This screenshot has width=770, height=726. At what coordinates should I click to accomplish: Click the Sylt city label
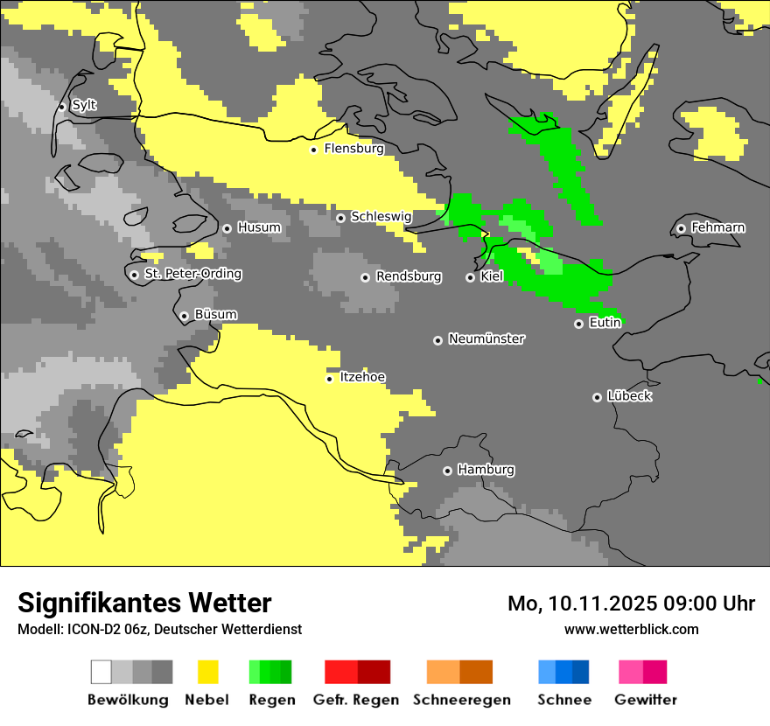[x=84, y=105]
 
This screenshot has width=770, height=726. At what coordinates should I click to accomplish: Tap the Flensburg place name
[x=353, y=149]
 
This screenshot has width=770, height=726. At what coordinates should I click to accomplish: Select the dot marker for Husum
[x=227, y=228]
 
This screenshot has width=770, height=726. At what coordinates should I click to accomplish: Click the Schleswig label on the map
[x=381, y=216]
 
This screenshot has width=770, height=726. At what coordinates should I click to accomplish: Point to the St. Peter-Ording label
[x=192, y=274]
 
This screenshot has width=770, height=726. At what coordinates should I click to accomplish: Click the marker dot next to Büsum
[x=184, y=316]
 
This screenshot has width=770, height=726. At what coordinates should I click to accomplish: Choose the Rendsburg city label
[x=408, y=276]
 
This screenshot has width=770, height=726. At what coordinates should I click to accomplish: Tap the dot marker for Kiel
[x=470, y=277]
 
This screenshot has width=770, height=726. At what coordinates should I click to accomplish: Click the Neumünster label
[x=486, y=339]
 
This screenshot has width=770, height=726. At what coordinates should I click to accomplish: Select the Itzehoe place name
[x=362, y=377]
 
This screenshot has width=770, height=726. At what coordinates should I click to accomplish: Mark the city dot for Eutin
[x=578, y=324]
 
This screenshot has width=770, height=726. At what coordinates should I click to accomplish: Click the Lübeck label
[x=629, y=396]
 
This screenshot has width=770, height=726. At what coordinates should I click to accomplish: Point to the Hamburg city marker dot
[x=447, y=471]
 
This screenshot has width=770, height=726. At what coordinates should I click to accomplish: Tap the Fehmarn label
[x=717, y=227]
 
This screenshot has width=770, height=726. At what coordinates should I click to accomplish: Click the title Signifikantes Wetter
[x=144, y=603]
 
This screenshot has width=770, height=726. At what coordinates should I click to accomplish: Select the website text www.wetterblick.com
[x=631, y=629]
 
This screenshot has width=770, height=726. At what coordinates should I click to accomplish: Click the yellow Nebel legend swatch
[x=208, y=672]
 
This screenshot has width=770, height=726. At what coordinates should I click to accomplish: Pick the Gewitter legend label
[x=645, y=700]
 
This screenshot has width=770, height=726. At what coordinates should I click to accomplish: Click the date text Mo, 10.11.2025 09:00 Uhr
[x=631, y=604]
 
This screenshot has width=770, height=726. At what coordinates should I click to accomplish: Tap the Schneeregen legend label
[x=461, y=700]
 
